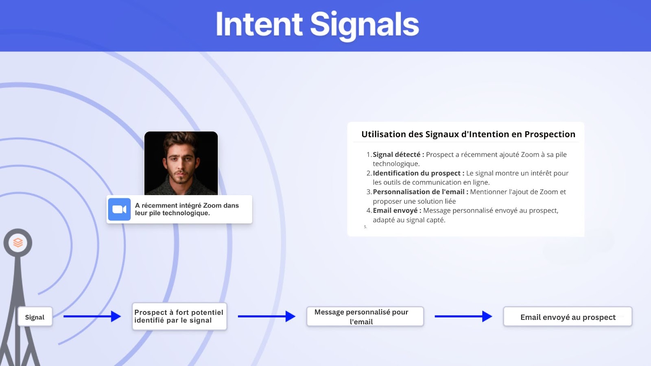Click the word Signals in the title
(x=365, y=26)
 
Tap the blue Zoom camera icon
(x=119, y=209)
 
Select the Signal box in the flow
(x=35, y=317)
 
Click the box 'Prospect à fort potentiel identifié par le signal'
(x=179, y=316)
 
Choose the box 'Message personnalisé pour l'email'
(x=365, y=316)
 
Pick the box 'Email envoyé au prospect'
(x=568, y=317)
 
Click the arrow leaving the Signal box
(x=92, y=316)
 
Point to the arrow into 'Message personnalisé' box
(x=267, y=316)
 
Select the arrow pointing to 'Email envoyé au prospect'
(x=463, y=316)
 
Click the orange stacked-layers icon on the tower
(x=18, y=242)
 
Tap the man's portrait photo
(x=181, y=163)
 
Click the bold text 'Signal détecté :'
(x=398, y=155)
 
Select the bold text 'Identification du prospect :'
(x=419, y=173)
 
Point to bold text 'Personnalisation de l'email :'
(x=421, y=192)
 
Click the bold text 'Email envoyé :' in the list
(x=397, y=210)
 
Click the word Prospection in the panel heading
(x=550, y=134)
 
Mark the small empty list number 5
(x=365, y=227)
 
